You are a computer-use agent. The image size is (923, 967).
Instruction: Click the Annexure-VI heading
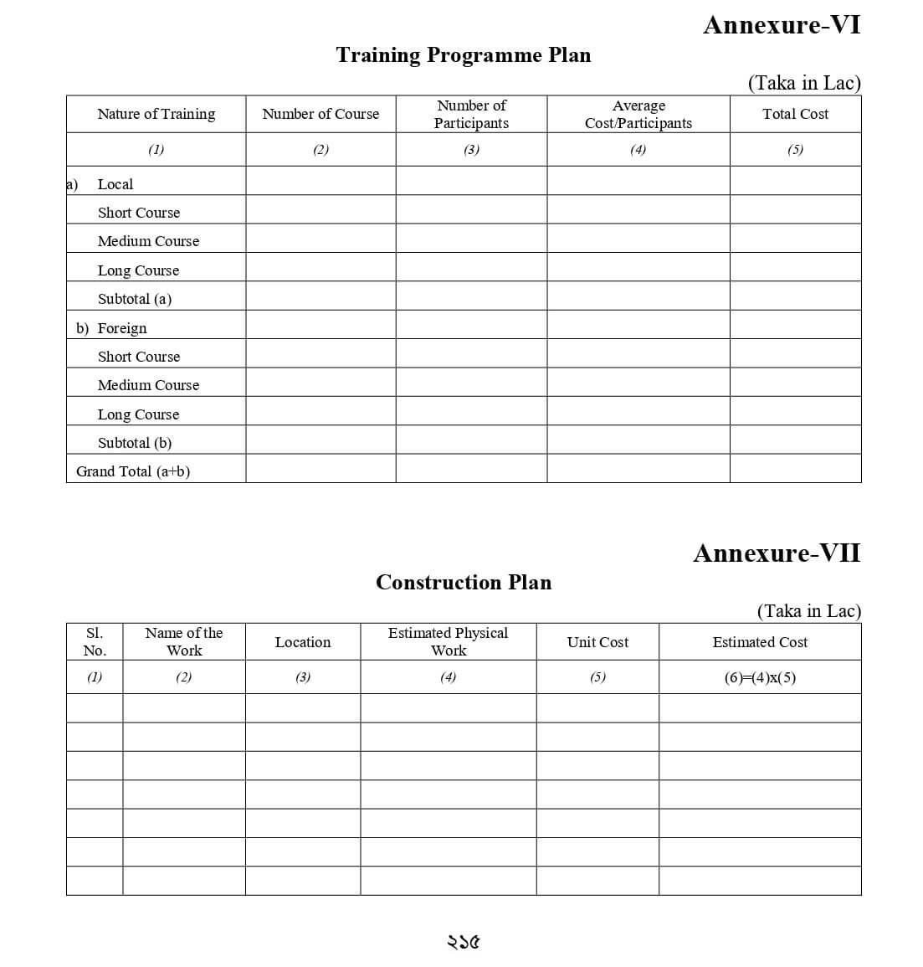click(781, 25)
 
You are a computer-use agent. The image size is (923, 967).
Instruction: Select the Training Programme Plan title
click(463, 55)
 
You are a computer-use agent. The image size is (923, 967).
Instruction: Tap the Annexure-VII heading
click(776, 553)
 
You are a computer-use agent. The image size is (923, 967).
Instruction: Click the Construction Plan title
click(463, 583)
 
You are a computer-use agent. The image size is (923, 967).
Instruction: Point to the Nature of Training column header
click(156, 114)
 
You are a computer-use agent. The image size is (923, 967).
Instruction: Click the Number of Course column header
click(320, 114)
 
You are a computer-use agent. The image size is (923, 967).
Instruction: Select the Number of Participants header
click(471, 114)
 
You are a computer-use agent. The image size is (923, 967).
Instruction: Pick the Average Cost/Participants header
click(638, 114)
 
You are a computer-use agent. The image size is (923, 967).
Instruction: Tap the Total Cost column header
click(795, 114)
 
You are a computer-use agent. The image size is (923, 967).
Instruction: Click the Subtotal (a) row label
click(135, 299)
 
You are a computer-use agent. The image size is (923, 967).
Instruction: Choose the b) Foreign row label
click(112, 328)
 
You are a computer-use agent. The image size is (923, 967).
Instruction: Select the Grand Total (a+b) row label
click(133, 471)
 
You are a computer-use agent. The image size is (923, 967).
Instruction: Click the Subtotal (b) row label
click(135, 443)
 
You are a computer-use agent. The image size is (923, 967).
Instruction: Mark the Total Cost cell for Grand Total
click(795, 469)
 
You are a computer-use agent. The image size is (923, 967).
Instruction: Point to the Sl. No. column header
click(95, 641)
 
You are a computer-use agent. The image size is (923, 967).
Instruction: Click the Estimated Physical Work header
click(448, 641)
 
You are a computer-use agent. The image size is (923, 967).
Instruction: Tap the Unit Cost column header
click(597, 642)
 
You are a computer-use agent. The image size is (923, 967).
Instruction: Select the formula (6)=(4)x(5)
click(760, 677)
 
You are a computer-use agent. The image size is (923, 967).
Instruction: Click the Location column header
click(303, 642)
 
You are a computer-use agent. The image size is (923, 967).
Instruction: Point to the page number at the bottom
click(463, 943)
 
